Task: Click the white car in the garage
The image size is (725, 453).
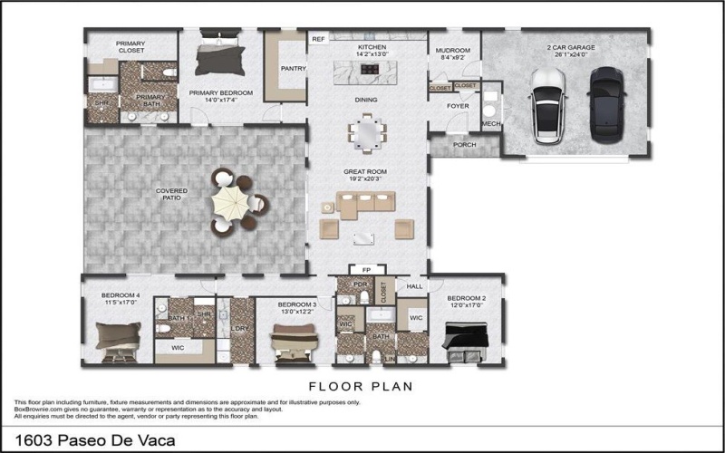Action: click(548, 105)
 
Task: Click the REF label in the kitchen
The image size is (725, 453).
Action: click(318, 40)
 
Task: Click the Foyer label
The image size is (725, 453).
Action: click(458, 106)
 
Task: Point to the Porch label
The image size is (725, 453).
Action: click(465, 144)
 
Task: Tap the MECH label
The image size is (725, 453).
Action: click(490, 123)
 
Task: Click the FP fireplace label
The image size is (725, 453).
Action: click(366, 270)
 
